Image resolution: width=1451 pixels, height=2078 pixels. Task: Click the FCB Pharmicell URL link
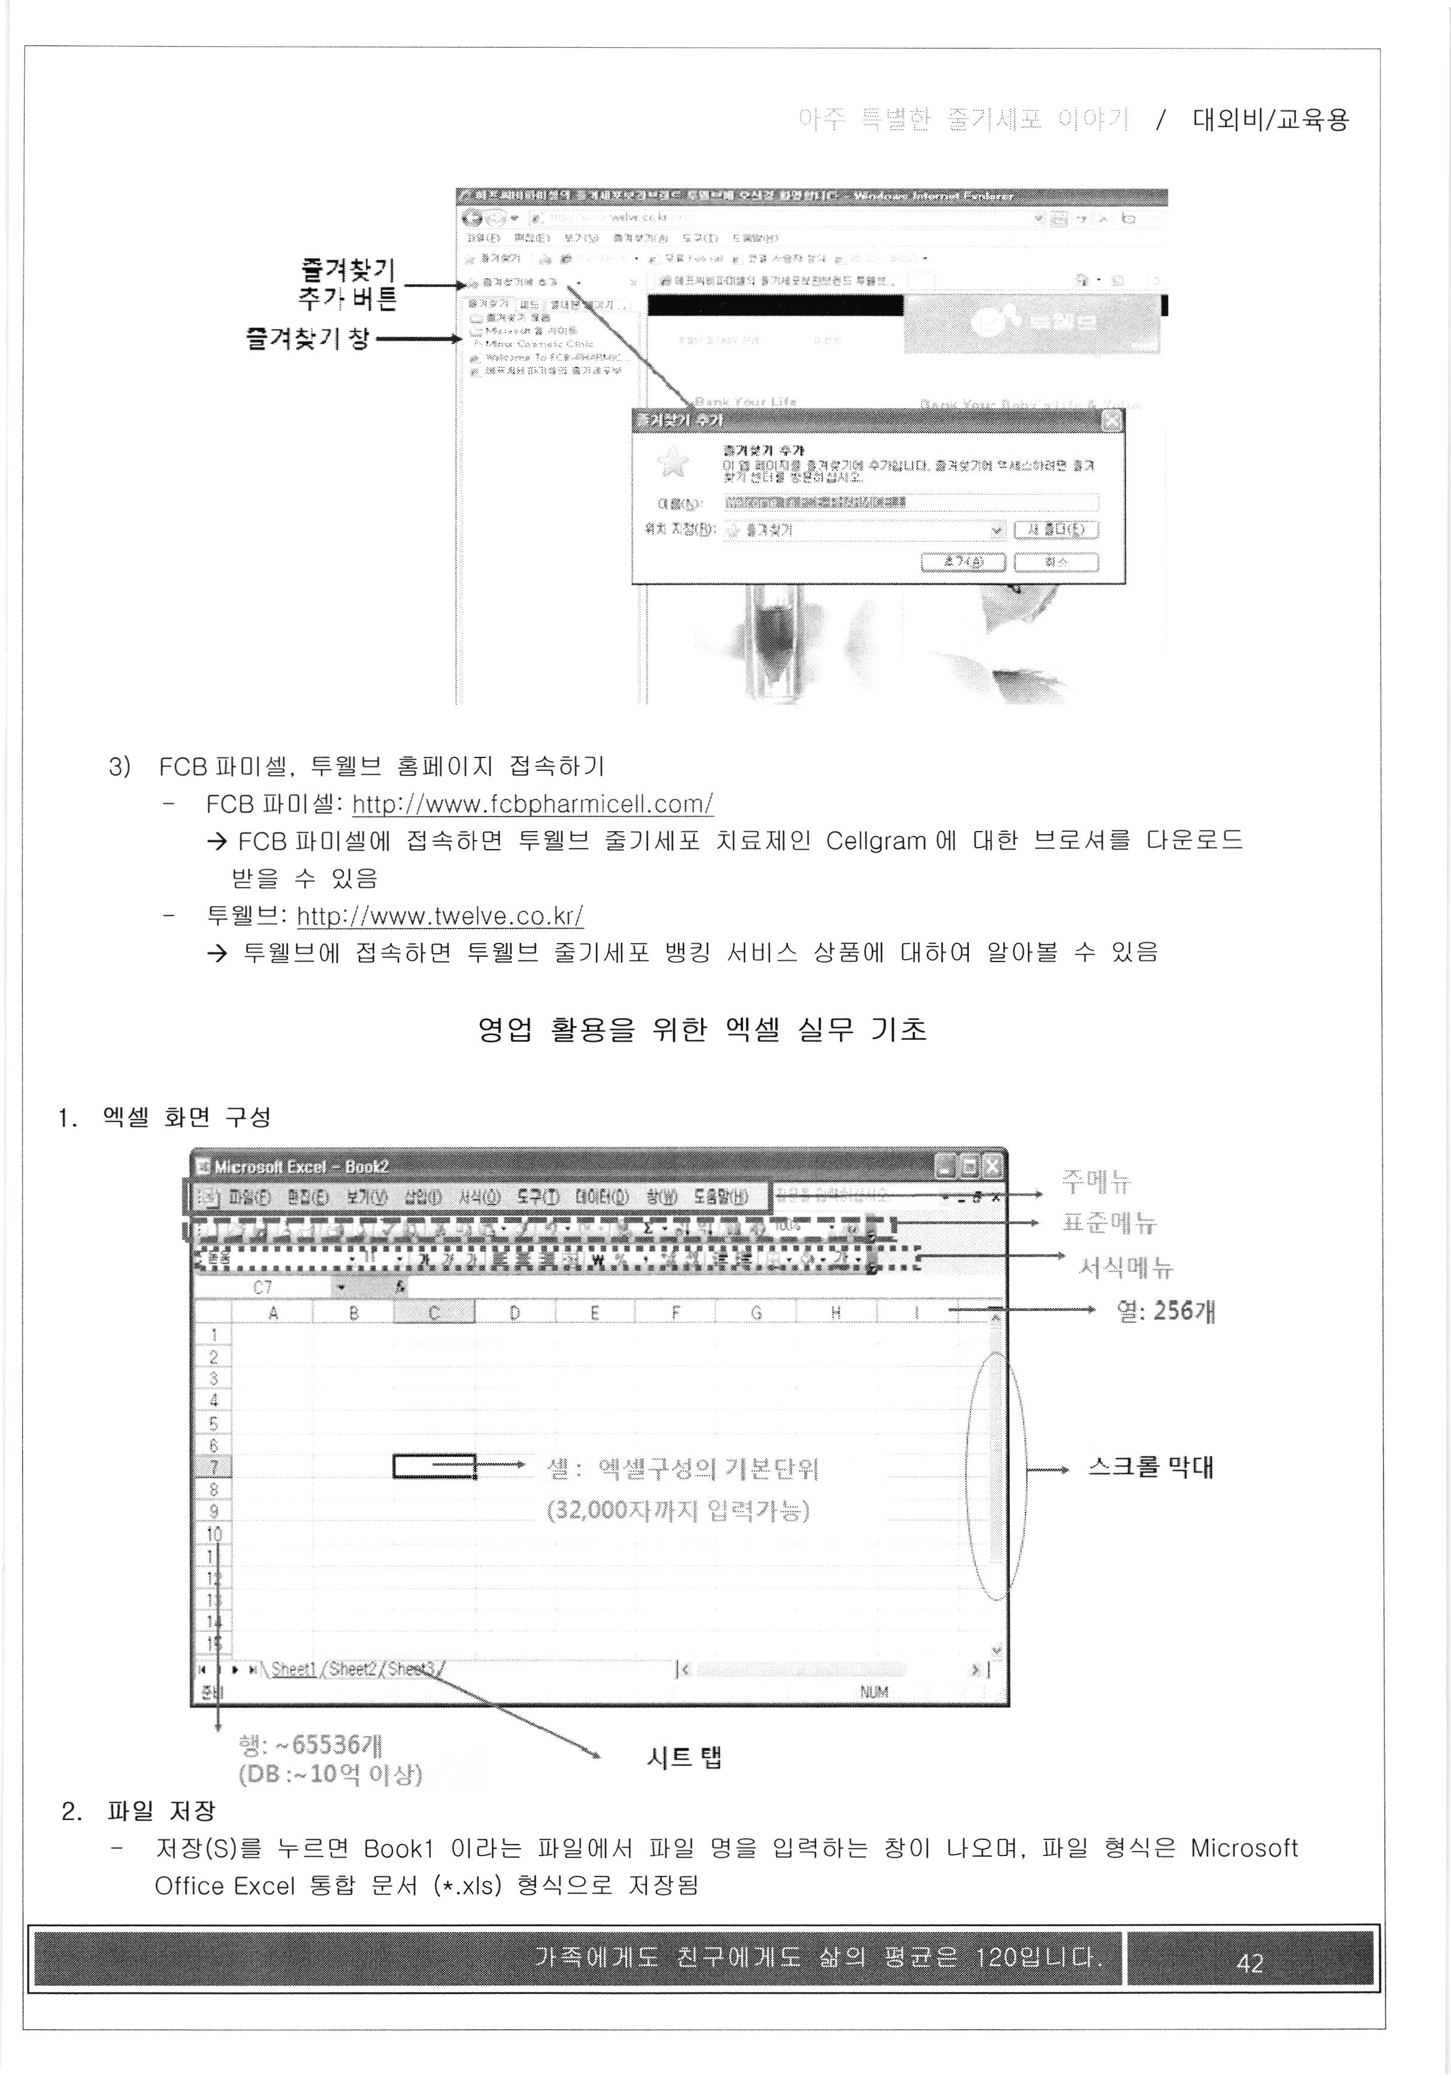pos(533,804)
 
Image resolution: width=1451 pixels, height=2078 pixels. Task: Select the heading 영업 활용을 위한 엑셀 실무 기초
pos(702,1029)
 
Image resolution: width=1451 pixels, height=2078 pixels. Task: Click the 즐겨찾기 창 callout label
pos(308,339)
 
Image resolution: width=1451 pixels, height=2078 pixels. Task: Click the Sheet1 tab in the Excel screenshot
pos(293,1669)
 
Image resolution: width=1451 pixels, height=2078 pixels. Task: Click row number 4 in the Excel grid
pos(214,1400)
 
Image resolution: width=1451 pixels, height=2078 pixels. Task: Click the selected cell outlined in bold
pos(434,1466)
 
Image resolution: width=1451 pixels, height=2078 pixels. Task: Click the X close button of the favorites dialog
pos(1112,421)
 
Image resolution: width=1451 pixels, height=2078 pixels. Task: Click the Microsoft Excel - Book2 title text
pos(300,1167)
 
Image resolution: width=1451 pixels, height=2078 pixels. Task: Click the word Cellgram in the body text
pos(875,841)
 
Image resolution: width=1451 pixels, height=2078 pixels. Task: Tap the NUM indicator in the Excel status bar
pos(874,1691)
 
